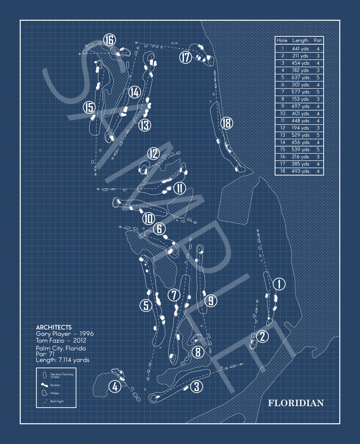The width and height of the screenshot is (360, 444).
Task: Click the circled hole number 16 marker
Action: (109, 40)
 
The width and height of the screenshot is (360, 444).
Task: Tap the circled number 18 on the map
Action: (227, 123)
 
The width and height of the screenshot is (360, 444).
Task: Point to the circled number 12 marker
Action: (154, 154)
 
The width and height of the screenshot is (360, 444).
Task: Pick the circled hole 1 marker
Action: (279, 284)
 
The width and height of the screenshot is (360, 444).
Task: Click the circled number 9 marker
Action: (211, 301)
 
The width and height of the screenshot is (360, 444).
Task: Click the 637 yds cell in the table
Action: (300, 77)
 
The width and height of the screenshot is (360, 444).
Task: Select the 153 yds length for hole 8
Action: (300, 99)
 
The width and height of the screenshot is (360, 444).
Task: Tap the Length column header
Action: (300, 40)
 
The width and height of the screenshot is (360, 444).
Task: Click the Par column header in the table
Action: (318, 40)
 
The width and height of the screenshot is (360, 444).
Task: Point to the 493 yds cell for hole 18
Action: (300, 171)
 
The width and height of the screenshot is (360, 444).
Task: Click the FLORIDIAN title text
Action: (296, 403)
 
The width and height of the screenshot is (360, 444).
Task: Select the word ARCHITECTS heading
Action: (54, 327)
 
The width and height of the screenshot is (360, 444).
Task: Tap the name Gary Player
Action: (53, 334)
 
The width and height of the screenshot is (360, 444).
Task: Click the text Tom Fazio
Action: (50, 340)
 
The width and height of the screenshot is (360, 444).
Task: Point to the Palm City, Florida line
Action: (60, 348)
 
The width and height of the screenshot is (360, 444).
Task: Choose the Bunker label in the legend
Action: (55, 385)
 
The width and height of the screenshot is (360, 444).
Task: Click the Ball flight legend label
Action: (57, 401)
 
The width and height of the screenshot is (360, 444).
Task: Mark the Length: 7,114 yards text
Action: (63, 360)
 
